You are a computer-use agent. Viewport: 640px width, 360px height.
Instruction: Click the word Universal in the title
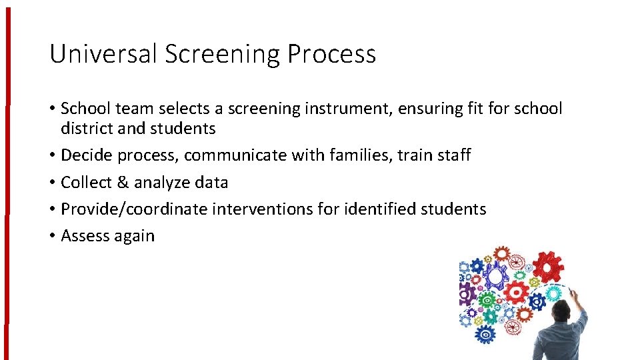[103, 53]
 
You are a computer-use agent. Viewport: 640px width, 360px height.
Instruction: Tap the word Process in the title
[331, 53]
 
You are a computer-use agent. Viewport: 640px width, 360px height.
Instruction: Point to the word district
[88, 128]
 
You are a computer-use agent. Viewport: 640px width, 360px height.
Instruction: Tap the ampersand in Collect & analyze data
[123, 182]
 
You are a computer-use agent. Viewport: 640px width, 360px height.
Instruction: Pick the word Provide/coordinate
[134, 209]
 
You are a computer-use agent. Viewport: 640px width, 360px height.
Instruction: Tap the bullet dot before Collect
[52, 183]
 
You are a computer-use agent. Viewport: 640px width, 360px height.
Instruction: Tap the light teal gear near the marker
[553, 293]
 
